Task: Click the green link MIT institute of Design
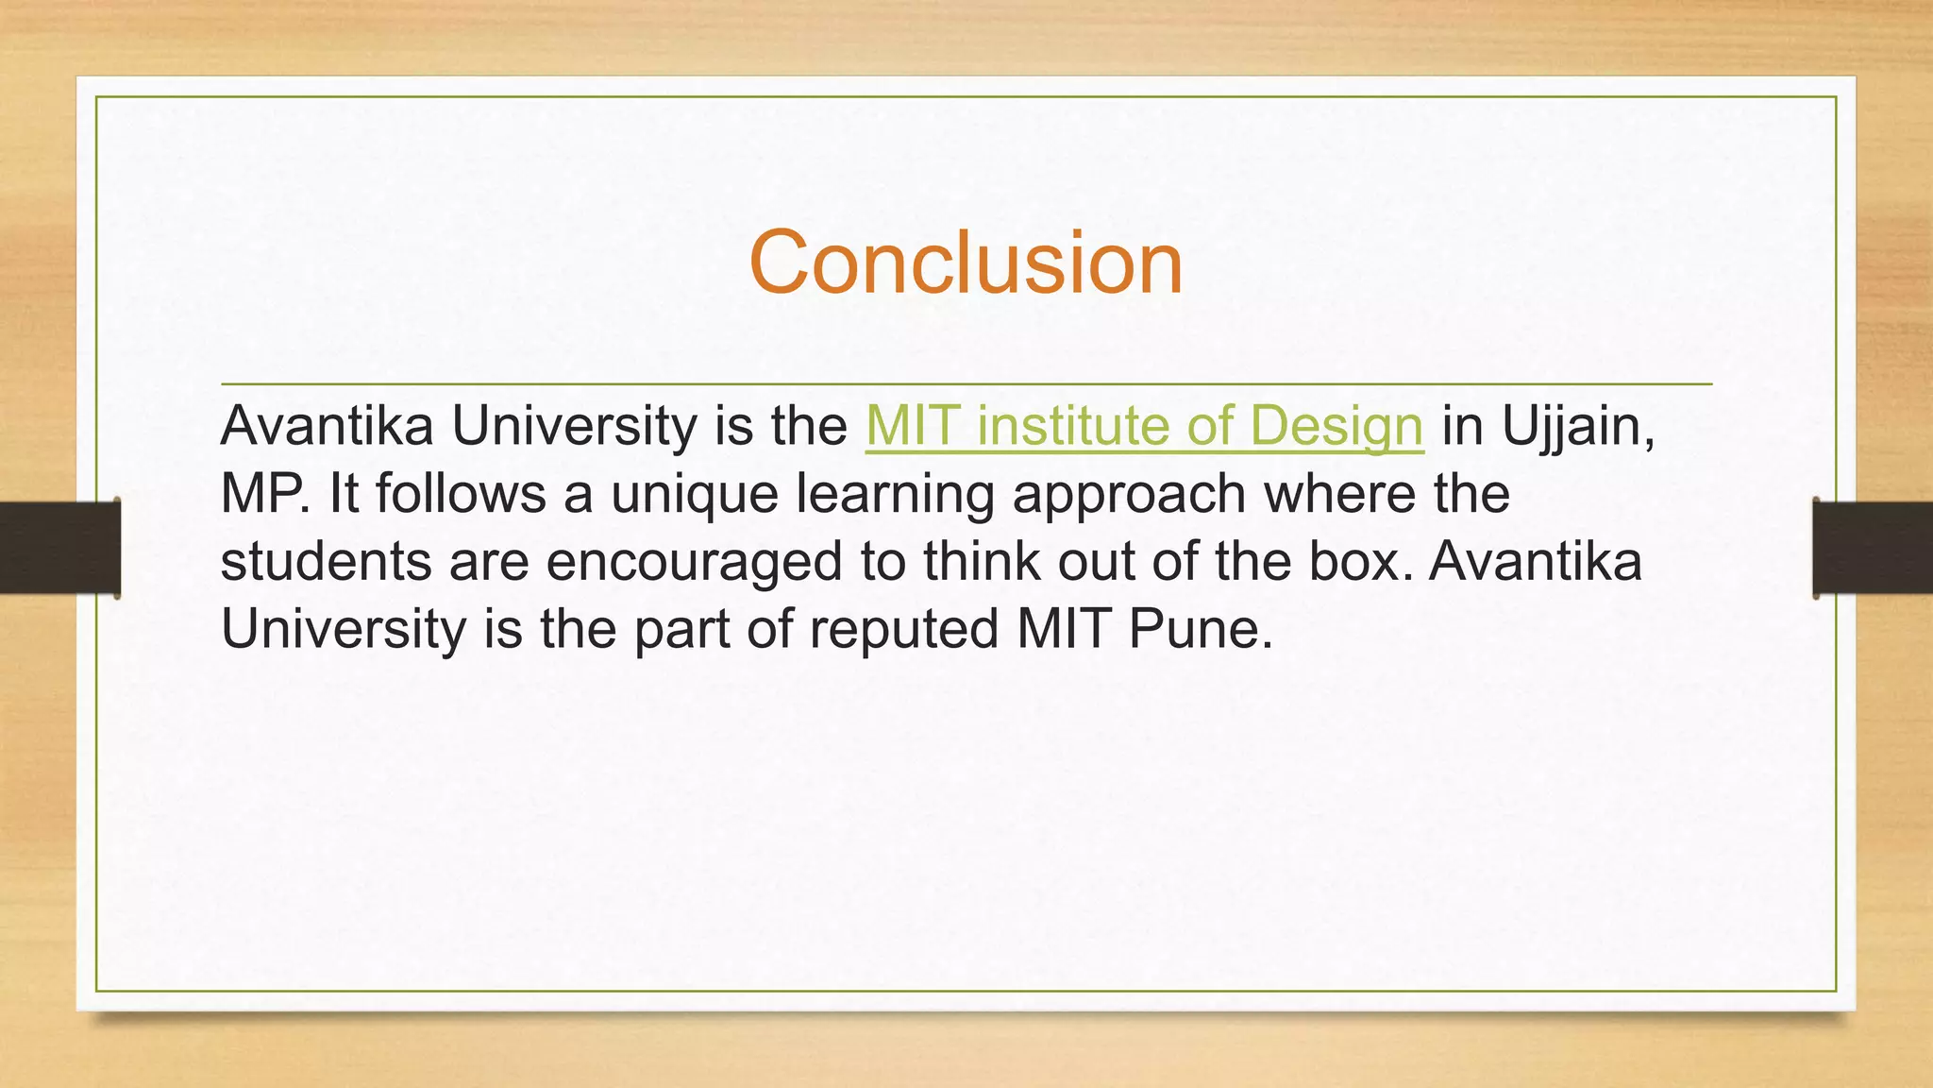(x=1144, y=426)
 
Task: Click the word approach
(x=1129, y=494)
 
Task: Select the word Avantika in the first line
(x=327, y=426)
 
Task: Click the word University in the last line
(x=343, y=629)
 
